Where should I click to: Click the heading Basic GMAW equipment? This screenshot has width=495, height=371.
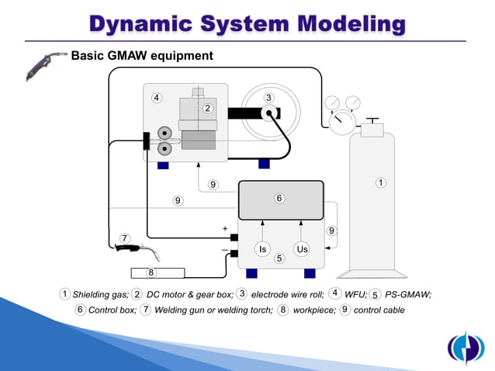click(x=142, y=56)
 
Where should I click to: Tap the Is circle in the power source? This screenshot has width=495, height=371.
click(x=263, y=249)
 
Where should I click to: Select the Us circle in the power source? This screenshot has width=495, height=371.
click(x=303, y=249)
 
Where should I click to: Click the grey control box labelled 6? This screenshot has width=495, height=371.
click(x=280, y=200)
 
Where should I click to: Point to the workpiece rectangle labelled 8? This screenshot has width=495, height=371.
click(x=157, y=272)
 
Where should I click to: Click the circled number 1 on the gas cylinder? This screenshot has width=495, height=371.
click(x=380, y=183)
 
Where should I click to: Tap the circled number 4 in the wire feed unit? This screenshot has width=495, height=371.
click(x=157, y=98)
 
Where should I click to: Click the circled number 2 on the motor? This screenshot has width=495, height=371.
click(x=208, y=108)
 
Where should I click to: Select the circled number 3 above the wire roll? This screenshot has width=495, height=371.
click(x=268, y=98)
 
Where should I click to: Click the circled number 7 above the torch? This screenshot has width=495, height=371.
click(x=124, y=237)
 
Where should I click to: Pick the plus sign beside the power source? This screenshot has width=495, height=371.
click(x=225, y=229)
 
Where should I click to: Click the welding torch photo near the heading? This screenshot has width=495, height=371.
click(x=42, y=65)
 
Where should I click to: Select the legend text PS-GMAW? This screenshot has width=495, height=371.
click(x=407, y=294)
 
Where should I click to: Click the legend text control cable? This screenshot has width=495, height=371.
click(x=379, y=310)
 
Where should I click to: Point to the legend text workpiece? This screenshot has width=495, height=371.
click(x=314, y=310)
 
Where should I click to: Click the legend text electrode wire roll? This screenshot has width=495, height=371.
click(x=288, y=294)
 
